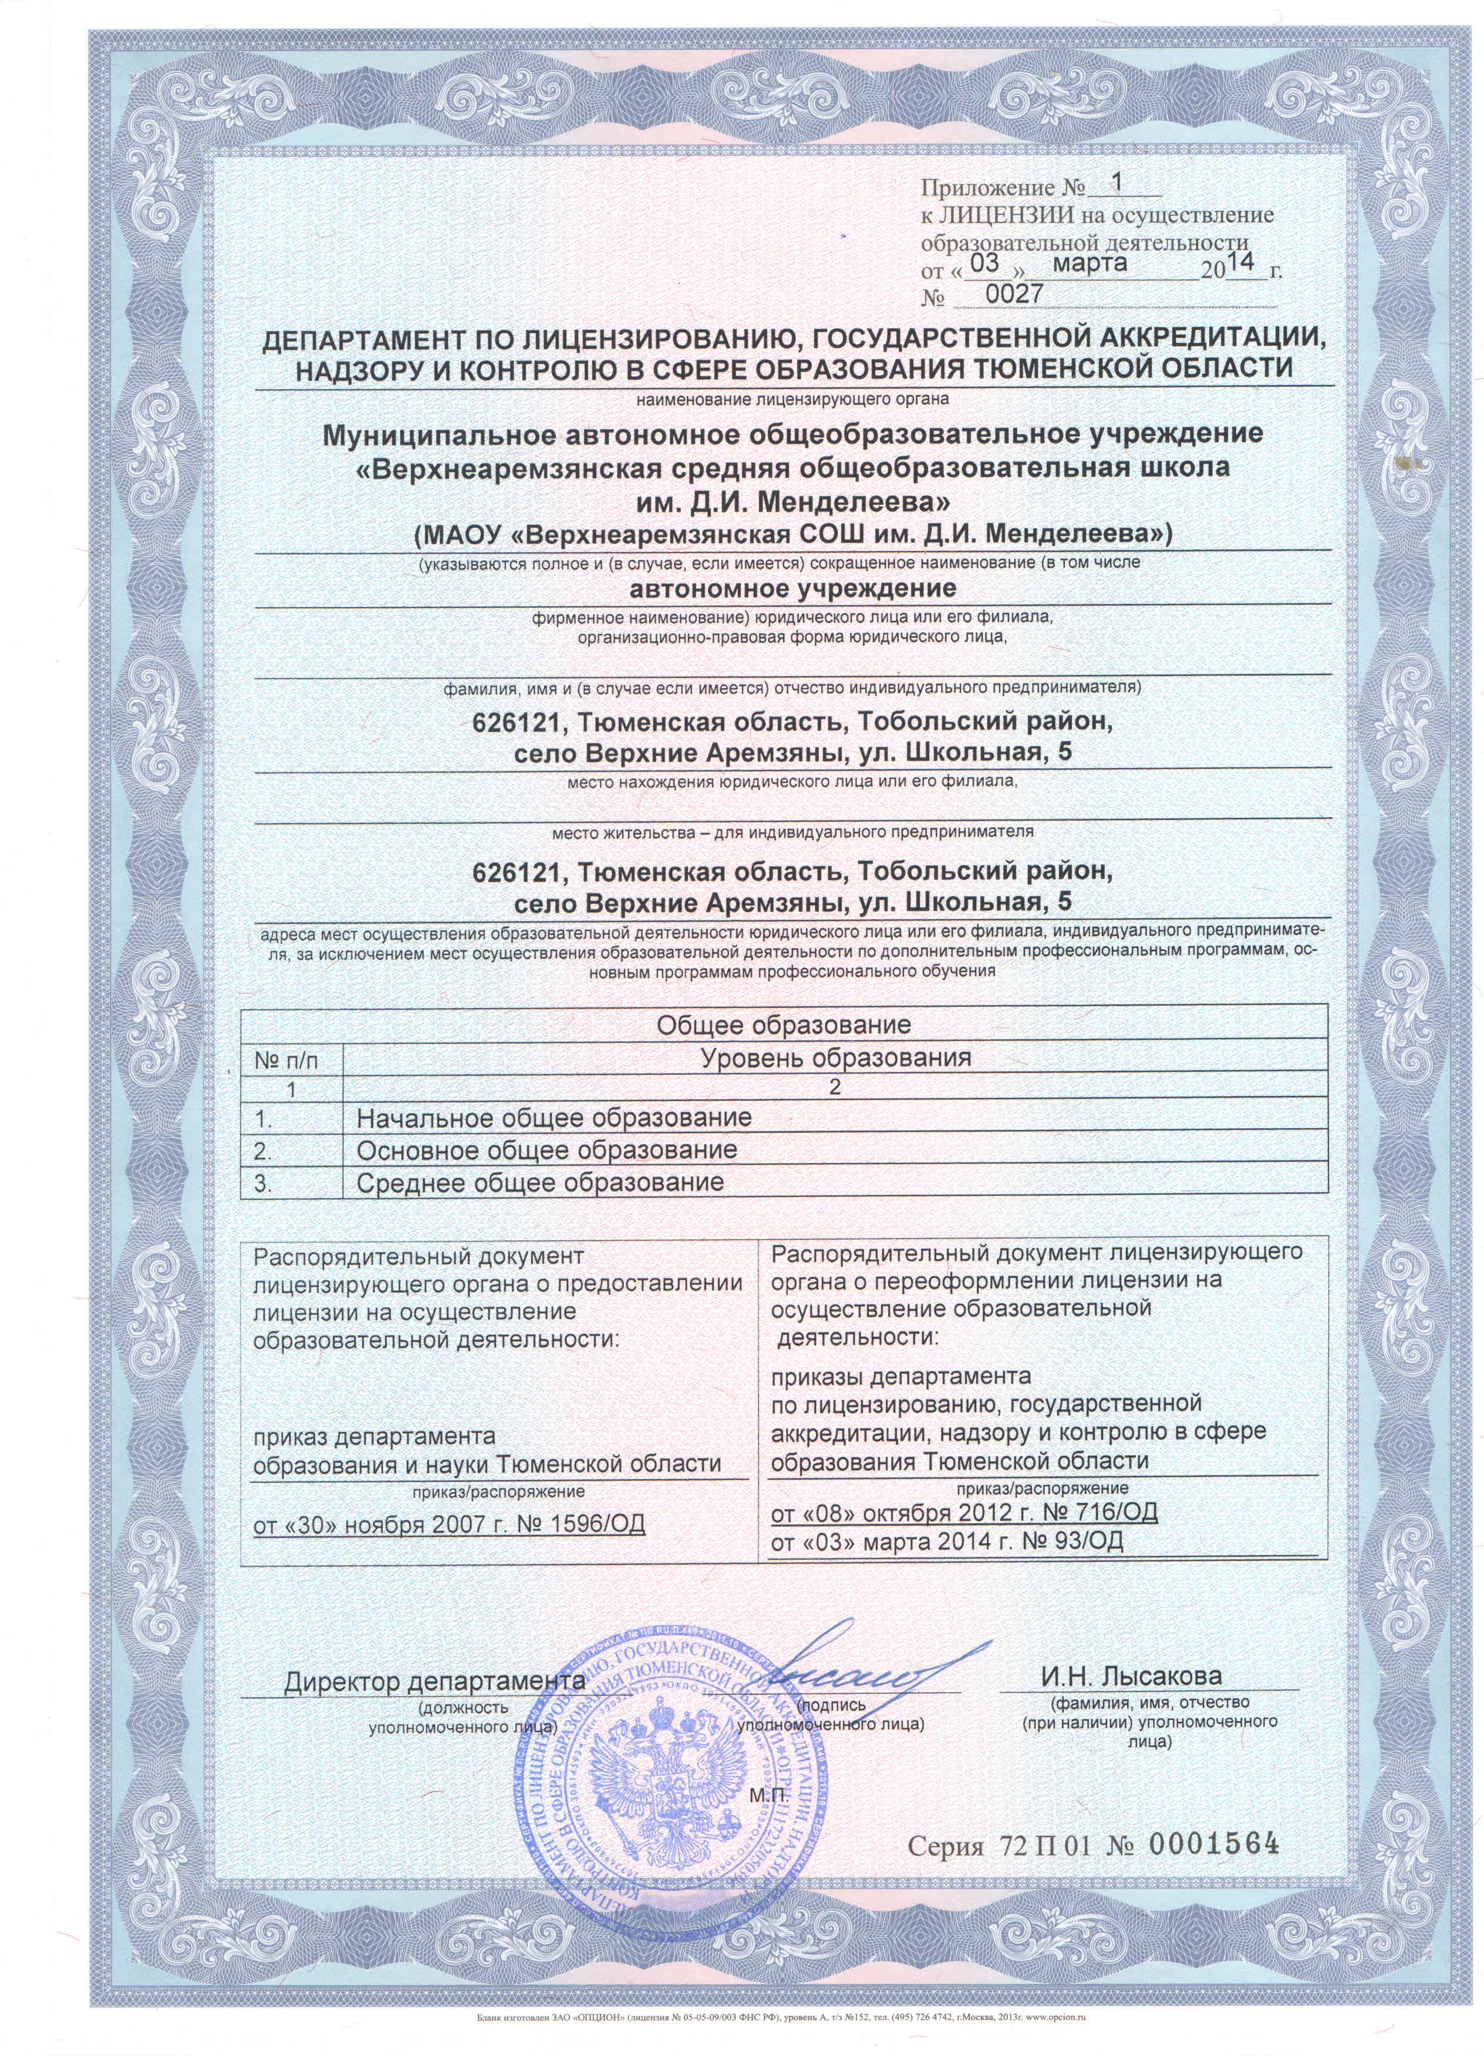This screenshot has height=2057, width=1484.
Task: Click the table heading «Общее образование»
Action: tap(783, 1025)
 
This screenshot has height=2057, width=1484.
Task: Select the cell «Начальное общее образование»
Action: tap(554, 1117)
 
